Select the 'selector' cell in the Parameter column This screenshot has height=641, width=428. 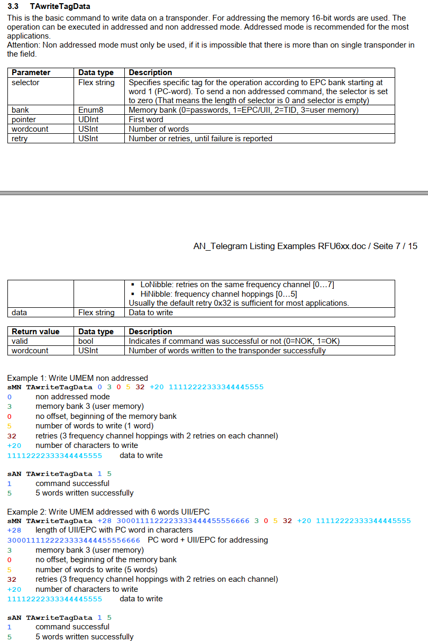click(25, 83)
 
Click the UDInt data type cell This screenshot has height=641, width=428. click(88, 120)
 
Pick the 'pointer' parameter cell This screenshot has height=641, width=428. click(24, 120)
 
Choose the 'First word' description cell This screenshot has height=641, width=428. click(146, 120)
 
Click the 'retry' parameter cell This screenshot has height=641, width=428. click(20, 139)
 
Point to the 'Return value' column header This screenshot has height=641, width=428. click(35, 332)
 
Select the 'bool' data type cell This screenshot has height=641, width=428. click(86, 341)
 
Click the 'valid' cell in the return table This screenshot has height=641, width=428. click(20, 341)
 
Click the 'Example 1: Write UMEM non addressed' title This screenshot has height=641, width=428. click(77, 378)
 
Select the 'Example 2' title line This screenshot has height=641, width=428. click(108, 511)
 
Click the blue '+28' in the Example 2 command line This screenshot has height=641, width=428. click(104, 521)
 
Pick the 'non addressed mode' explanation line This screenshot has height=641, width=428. click(72, 397)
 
